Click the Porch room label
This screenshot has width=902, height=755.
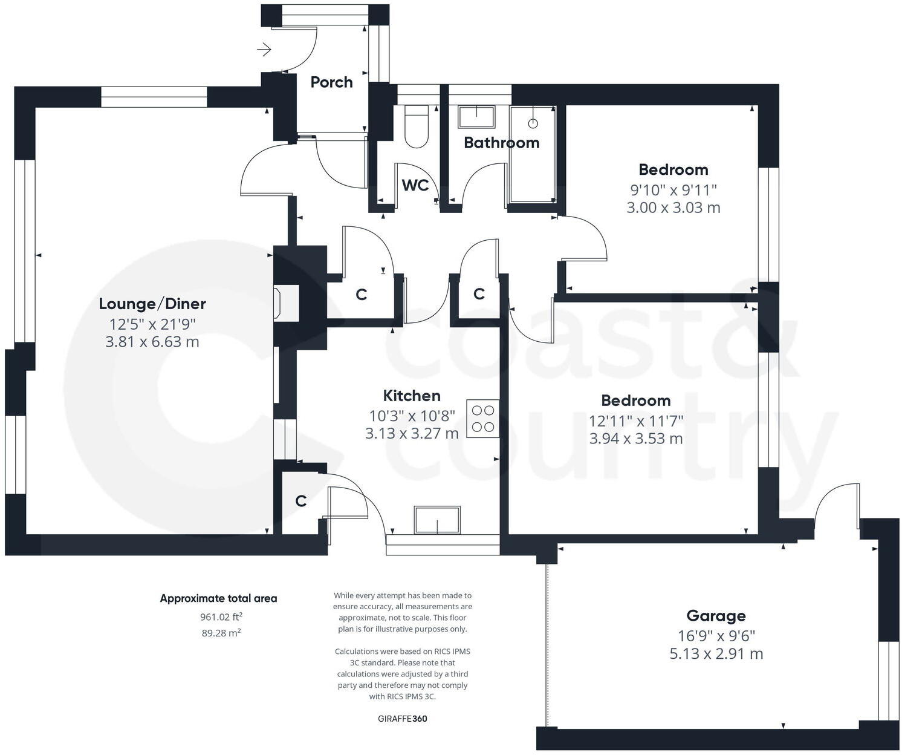click(331, 82)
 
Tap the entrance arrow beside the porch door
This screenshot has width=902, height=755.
click(264, 50)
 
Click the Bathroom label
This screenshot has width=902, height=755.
click(501, 143)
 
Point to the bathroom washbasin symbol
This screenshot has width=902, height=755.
click(476, 116)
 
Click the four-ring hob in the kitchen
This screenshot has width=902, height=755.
click(482, 418)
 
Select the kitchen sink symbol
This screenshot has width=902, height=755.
click(436, 520)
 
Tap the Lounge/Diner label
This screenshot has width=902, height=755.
click(152, 304)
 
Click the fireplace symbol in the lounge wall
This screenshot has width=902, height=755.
click(279, 303)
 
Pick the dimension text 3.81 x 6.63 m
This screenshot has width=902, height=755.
click(152, 342)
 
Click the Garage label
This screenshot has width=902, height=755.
click(716, 616)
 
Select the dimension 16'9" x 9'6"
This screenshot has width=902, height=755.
click(716, 636)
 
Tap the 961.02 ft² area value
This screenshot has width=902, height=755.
click(221, 617)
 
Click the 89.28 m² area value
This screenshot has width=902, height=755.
click(221, 633)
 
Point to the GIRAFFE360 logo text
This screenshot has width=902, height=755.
click(402, 719)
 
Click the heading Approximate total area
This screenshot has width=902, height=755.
click(218, 598)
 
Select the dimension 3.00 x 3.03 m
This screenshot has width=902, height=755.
click(673, 208)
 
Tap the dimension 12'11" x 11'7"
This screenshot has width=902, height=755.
click(636, 420)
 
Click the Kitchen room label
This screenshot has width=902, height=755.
click(412, 396)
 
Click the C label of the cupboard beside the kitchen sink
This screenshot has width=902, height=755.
click(300, 501)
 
